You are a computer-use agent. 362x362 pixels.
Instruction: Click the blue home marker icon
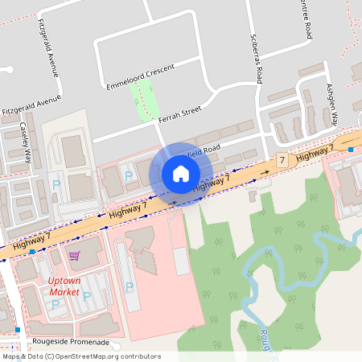(180, 174)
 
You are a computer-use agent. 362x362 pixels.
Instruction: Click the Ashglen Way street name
(332, 104)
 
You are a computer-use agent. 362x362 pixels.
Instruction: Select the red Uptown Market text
(65, 286)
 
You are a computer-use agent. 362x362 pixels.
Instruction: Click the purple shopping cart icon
(74, 256)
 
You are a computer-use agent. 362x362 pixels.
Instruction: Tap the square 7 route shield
(282, 160)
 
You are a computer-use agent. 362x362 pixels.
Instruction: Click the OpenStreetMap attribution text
(80, 356)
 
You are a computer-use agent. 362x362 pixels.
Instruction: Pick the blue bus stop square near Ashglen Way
(352, 150)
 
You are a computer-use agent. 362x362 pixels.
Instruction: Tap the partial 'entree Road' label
(306, 19)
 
